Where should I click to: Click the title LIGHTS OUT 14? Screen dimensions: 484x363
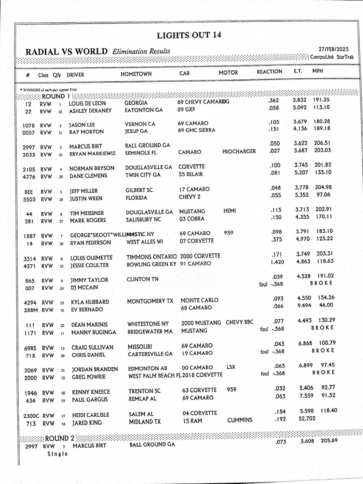(189, 36)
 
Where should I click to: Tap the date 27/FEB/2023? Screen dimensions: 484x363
(333, 49)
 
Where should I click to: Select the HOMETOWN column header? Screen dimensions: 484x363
(136, 74)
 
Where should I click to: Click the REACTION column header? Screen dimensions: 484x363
(269, 72)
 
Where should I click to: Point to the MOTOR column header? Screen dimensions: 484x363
(228, 73)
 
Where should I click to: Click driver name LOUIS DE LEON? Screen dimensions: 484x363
(87, 103)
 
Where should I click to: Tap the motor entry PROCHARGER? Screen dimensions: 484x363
(239, 152)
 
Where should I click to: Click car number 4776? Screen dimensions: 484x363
(29, 177)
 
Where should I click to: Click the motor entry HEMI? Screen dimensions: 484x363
(229, 211)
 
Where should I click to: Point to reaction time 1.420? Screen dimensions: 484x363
(277, 262)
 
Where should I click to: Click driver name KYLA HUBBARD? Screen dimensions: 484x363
(90, 302)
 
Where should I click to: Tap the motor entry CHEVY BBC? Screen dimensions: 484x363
(239, 323)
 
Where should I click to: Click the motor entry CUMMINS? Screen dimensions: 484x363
(240, 420)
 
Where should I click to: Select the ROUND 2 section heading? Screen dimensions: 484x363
(59, 438)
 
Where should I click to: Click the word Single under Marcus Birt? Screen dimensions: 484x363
(58, 454)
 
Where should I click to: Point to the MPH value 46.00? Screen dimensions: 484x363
(326, 305)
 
